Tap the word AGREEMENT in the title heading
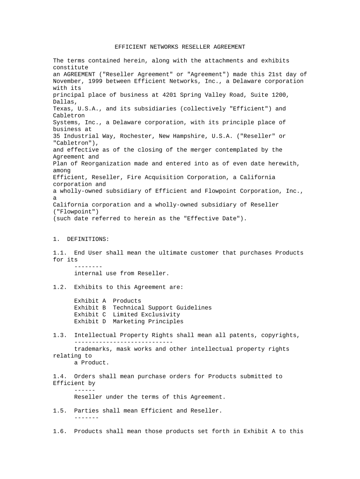(228, 47)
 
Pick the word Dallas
(64, 102)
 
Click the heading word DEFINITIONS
(88, 239)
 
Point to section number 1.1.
(60, 253)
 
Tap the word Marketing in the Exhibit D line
(129, 321)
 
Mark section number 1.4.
(60, 376)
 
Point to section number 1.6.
(60, 431)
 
